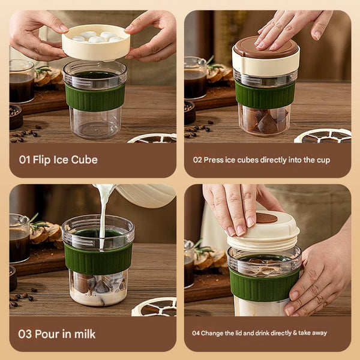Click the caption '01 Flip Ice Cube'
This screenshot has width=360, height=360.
(x=58, y=160)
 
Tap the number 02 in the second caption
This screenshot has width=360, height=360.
(x=197, y=160)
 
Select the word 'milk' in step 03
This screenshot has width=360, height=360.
(x=83, y=334)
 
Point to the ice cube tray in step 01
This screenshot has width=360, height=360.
(x=95, y=42)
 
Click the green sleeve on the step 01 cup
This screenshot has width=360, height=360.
(x=95, y=97)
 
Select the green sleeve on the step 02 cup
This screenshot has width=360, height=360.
(x=265, y=95)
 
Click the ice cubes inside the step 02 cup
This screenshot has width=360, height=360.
(x=264, y=120)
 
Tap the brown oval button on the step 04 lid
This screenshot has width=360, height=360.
(x=267, y=218)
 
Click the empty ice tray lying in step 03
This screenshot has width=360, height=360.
(x=154, y=307)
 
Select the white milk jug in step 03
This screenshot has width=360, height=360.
(x=144, y=195)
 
